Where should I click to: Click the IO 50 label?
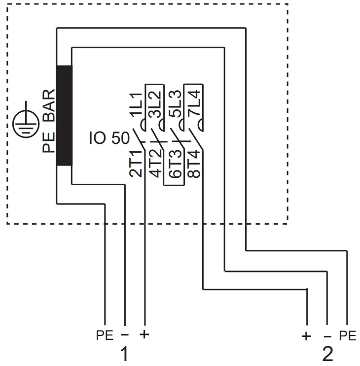(x=109, y=138)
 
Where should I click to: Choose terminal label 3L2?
(x=155, y=104)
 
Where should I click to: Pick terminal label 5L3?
(x=175, y=104)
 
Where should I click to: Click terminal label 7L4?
(x=194, y=104)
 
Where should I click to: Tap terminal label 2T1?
(x=136, y=164)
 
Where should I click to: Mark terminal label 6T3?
(x=175, y=165)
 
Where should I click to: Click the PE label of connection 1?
(x=105, y=336)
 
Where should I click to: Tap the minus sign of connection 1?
(x=125, y=335)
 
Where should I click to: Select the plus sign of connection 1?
(x=144, y=335)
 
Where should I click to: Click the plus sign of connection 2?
(x=306, y=336)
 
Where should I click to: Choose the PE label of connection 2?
(x=347, y=336)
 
